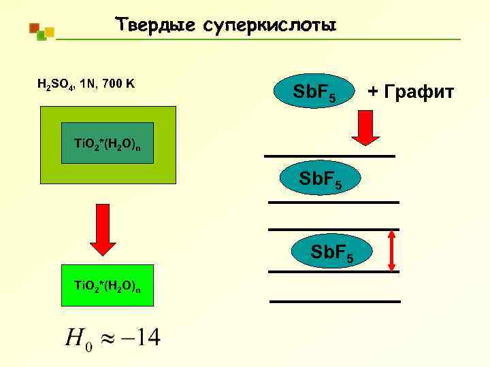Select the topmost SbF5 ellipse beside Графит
pyautogui.click(x=312, y=95)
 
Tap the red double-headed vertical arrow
pyautogui.click(x=391, y=250)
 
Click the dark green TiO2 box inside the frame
pyautogui.click(x=108, y=143)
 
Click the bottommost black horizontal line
pyautogui.click(x=335, y=300)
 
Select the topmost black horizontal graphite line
pyautogui.click(x=329, y=156)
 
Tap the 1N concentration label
pyautogui.click(x=88, y=84)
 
